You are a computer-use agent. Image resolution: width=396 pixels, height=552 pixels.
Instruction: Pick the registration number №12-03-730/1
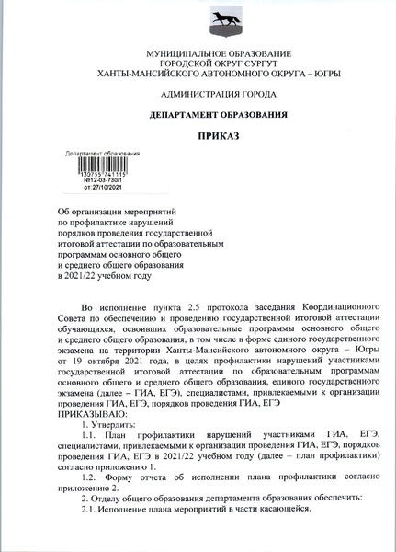104,179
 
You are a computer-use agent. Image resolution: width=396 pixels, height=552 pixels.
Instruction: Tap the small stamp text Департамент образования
104,154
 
